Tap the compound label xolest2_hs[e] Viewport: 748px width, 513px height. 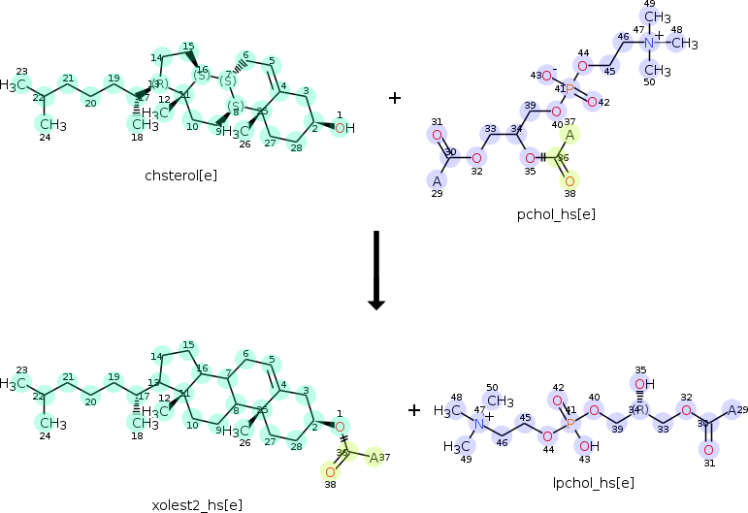[197, 504]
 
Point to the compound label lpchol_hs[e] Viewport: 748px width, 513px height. [595, 482]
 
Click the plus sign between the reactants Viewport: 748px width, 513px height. [395, 98]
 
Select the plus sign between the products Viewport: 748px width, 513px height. [414, 410]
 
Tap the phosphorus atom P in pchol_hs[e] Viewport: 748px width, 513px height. [569, 89]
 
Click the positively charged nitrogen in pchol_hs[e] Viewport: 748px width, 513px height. [649, 43]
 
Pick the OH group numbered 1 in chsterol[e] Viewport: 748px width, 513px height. [344, 128]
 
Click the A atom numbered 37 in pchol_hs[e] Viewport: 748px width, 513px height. [569, 135]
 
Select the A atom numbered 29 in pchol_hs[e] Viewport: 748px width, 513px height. [438, 180]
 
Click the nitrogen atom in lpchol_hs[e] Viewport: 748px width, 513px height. [478, 424]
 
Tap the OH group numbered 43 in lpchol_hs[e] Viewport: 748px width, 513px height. [589, 446]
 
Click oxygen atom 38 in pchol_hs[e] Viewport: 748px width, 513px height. [569, 180]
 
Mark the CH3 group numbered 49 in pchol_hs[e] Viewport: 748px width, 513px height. [658, 17]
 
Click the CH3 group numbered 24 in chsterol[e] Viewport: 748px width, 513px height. [51, 124]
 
